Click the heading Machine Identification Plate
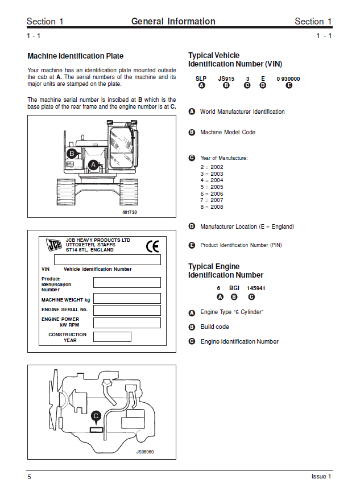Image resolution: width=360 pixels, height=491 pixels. pyautogui.click(x=75, y=56)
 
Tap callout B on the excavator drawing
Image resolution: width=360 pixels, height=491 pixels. pyautogui.click(x=72, y=154)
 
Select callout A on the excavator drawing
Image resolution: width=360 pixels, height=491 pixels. pyautogui.click(x=93, y=164)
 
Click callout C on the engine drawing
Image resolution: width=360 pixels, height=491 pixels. pyautogui.click(x=96, y=416)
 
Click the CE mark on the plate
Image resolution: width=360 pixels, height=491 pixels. pyautogui.click(x=152, y=246)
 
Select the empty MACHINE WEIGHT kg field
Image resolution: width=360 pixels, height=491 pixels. pyautogui.click(x=127, y=299)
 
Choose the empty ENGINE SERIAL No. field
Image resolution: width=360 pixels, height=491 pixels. pyautogui.click(x=127, y=311)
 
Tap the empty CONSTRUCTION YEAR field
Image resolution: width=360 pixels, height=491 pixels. pyautogui.click(x=112, y=337)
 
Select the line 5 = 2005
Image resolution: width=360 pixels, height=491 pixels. pyautogui.click(x=212, y=187)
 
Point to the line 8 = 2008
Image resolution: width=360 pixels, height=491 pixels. pyautogui.click(x=212, y=207)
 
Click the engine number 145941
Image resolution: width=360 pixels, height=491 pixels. pyautogui.click(x=256, y=288)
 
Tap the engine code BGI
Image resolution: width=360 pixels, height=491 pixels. pyautogui.click(x=234, y=288)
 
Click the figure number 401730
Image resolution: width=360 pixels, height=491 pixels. pyautogui.click(x=130, y=212)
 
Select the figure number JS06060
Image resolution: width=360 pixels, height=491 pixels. pyautogui.click(x=145, y=452)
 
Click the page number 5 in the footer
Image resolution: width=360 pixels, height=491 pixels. pyautogui.click(x=29, y=477)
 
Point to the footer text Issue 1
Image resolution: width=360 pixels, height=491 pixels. pyautogui.click(x=321, y=477)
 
